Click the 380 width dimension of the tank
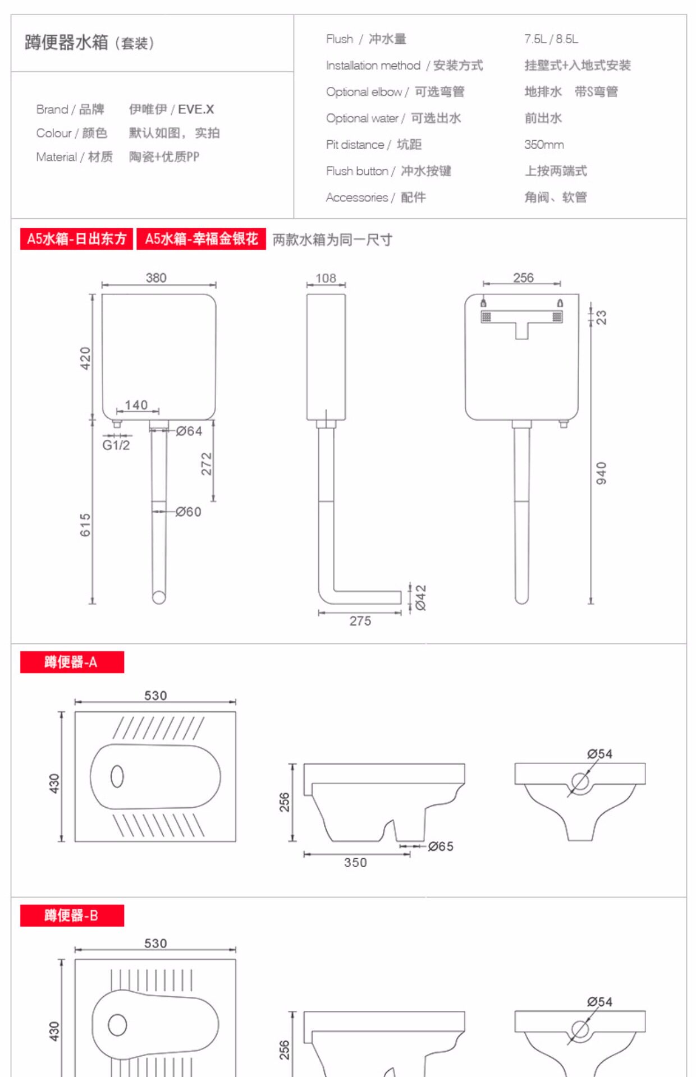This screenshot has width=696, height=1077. click(156, 278)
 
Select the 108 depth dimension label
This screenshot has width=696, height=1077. click(326, 278)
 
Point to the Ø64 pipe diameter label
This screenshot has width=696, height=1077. click(189, 431)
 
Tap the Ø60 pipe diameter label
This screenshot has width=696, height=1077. click(189, 512)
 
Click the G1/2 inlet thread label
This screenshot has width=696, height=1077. click(116, 445)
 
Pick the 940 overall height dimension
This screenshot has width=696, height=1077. click(601, 473)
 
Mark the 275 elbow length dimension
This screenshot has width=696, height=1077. click(360, 621)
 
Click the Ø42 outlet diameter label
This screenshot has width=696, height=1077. click(421, 597)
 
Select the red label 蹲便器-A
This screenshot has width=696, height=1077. click(72, 662)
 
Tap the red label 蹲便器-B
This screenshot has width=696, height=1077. click(72, 915)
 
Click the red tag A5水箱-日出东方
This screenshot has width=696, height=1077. click(77, 239)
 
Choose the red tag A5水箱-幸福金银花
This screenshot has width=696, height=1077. click(201, 239)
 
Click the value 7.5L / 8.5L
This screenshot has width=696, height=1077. click(551, 39)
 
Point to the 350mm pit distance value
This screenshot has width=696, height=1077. click(544, 145)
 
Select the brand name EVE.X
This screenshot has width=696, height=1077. click(196, 109)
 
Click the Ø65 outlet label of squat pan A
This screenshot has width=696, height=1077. click(441, 846)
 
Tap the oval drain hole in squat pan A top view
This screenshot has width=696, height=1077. click(117, 776)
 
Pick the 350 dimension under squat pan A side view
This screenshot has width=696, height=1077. click(355, 863)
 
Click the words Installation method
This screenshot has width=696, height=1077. click(373, 66)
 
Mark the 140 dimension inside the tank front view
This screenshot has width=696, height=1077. click(136, 405)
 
